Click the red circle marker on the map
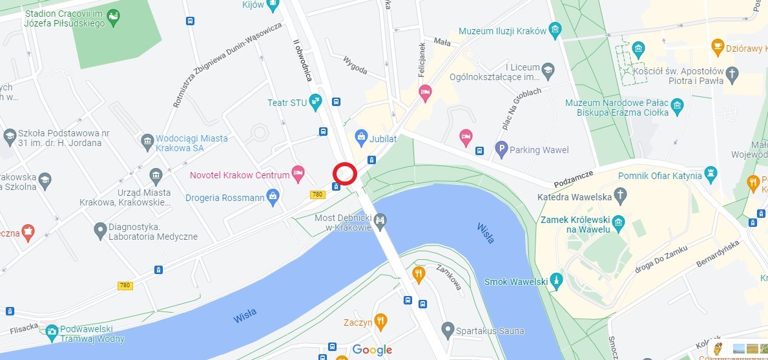tap(345, 173)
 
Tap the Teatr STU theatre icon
tap(315, 101)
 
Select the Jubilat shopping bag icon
tap(361, 137)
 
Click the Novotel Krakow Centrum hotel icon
tap(298, 173)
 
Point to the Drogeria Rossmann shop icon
tap(273, 196)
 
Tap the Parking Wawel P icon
tap(501, 150)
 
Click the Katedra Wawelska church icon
tap(620, 195)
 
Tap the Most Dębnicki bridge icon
tap(380, 222)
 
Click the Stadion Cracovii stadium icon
tap(114, 16)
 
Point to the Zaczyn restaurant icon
tap(381, 320)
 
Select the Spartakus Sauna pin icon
tap(447, 330)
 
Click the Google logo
tap(372, 350)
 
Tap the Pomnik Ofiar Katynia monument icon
tap(711, 173)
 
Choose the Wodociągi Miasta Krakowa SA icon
tap(147, 140)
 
